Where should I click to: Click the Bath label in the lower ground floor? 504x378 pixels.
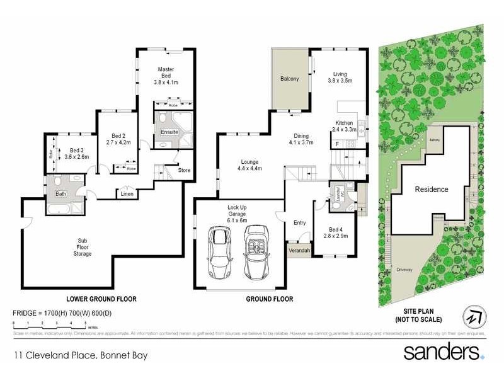click(x=61, y=194)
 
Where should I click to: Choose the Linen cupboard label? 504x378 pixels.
click(x=127, y=194)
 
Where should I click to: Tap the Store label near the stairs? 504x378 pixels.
click(x=184, y=169)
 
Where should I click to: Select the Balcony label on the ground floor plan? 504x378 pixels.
click(x=289, y=79)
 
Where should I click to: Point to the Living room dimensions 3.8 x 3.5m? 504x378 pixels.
click(x=340, y=81)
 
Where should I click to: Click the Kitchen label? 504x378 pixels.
click(x=345, y=122)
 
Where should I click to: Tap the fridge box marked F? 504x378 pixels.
click(x=338, y=145)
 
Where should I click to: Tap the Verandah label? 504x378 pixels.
click(x=299, y=249)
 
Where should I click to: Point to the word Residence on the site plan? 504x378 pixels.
click(x=432, y=189)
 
